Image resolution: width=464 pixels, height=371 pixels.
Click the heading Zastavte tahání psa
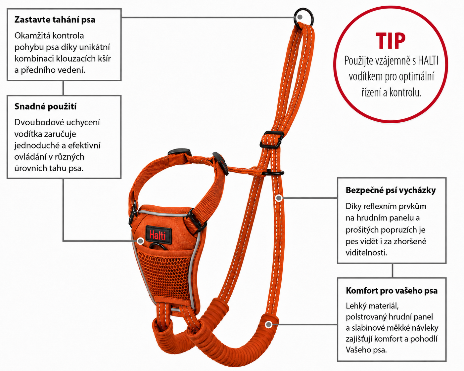tap(55, 20)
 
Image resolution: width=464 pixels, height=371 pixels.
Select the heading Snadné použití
tap(45, 106)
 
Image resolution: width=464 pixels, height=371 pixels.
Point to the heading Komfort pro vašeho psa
tap(392, 291)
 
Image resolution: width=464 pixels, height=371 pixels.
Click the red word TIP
tap(391, 41)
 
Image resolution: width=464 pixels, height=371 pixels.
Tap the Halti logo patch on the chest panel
tap(159, 235)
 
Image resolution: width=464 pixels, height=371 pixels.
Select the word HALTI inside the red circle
tap(428, 61)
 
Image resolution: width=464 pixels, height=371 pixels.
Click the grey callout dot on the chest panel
tap(141, 241)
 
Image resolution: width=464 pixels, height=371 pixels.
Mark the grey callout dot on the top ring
tap(300, 17)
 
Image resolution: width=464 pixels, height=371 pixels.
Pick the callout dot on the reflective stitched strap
tap(279, 198)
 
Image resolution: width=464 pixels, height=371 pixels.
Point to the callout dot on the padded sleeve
tap(269, 324)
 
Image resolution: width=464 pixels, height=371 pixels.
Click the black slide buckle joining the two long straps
tap(271, 139)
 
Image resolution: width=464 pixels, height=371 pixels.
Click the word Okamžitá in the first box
tap(33, 36)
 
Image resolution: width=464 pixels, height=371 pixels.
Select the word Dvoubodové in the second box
tap(39, 122)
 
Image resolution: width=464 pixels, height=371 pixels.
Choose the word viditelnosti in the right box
tap(366, 253)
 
